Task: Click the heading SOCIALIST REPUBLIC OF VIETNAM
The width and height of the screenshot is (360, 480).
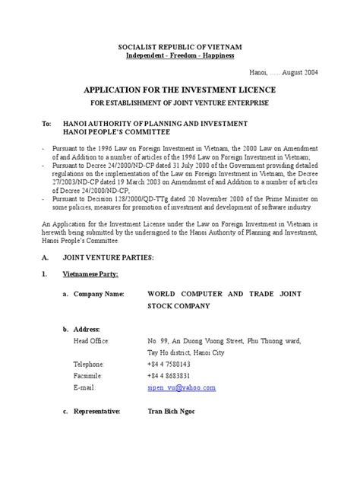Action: click(x=179, y=46)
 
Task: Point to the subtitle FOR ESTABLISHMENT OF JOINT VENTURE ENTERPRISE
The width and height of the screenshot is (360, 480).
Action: click(x=180, y=102)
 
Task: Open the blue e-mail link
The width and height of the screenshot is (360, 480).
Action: click(x=182, y=387)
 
